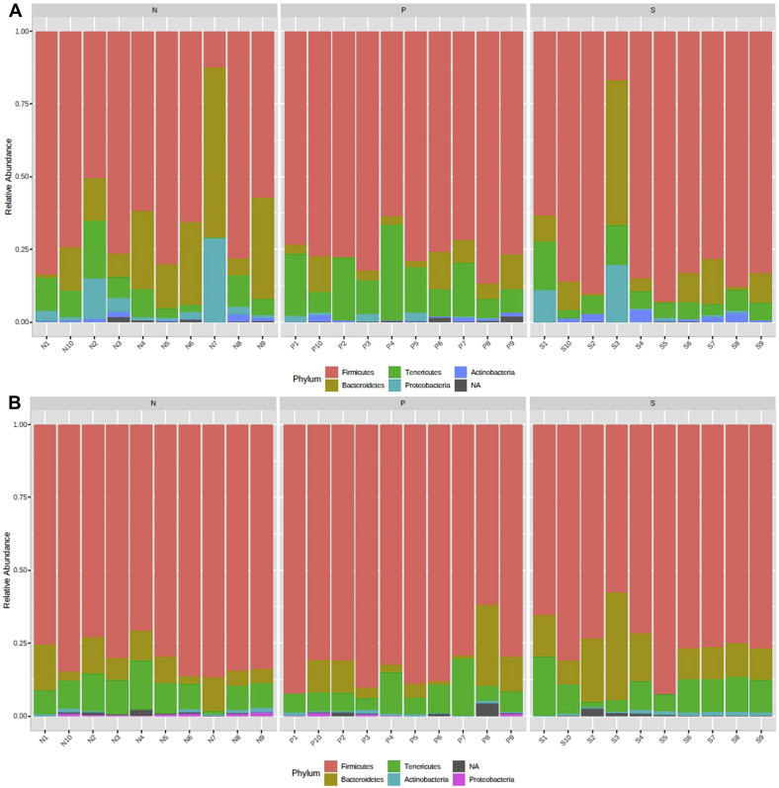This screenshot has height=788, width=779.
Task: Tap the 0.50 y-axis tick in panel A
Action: point(23,177)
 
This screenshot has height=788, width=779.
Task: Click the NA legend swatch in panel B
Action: point(454,764)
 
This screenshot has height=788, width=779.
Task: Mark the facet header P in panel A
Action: point(403,10)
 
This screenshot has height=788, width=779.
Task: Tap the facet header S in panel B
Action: point(652,403)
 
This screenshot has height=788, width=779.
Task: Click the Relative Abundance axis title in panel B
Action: point(8,569)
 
